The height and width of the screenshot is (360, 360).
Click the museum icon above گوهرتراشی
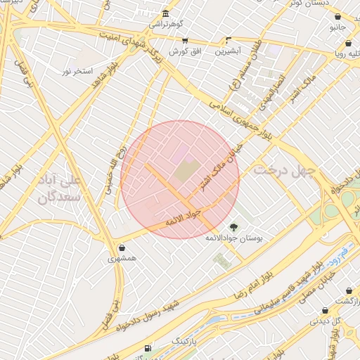[165, 13]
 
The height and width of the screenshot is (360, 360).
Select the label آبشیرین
[228, 51]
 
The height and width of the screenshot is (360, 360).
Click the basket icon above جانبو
[338, 17]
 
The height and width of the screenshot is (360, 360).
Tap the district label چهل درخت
[286, 169]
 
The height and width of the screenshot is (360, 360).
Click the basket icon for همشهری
[123, 248]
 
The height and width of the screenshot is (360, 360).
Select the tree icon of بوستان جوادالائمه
[233, 226]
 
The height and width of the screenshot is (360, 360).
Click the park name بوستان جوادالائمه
[233, 239]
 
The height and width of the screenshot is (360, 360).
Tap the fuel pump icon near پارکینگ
[147, 348]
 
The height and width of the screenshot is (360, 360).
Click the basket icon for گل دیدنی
[325, 310]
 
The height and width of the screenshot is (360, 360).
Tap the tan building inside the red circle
[186, 171]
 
